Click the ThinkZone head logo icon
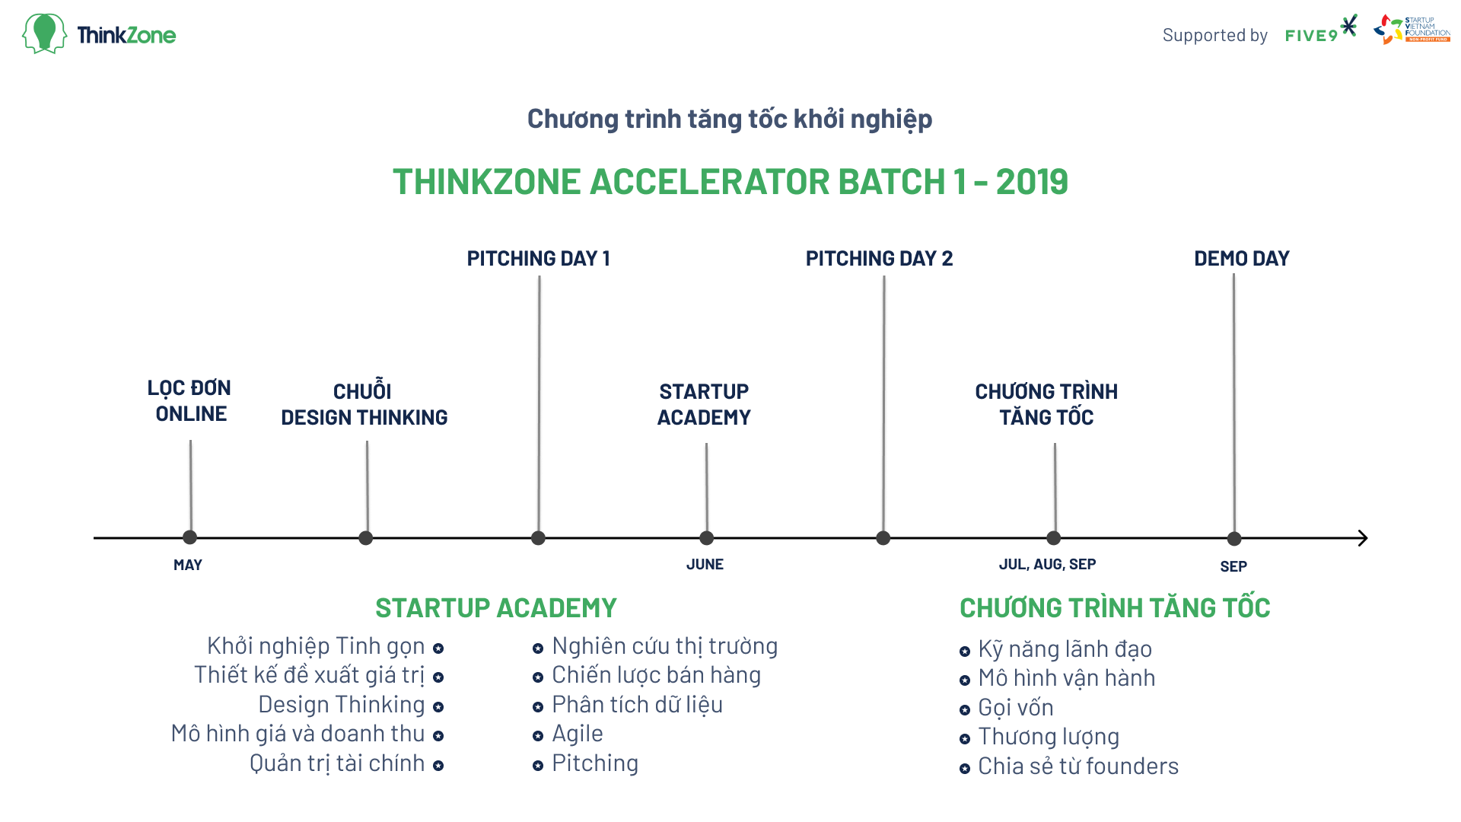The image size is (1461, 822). pos(44,33)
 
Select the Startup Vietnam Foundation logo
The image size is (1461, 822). pos(1412,29)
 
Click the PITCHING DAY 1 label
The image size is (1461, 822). pos(539,259)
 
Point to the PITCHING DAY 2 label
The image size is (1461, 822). pos(879,259)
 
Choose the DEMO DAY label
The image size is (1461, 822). pos(1241,259)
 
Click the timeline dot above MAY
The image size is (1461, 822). pos(190,537)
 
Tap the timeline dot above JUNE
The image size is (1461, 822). pos(706,538)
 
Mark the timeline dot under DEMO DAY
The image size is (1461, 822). pos(1234,539)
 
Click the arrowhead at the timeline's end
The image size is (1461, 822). pos(1363,538)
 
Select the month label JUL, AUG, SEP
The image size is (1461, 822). pos(1047,565)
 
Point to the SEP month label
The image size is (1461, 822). pos(1233,566)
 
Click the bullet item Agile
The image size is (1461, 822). pos(577,734)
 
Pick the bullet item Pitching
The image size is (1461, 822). pos(595,763)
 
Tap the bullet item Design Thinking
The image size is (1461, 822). pos(342,705)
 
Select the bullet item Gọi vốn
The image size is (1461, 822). pos(1016,708)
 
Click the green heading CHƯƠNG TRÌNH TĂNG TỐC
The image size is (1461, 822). pos(1115,607)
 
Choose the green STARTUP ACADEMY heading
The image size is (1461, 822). pos(496,608)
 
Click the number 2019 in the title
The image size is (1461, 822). pos(1032,182)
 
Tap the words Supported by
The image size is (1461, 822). pos(1215,35)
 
